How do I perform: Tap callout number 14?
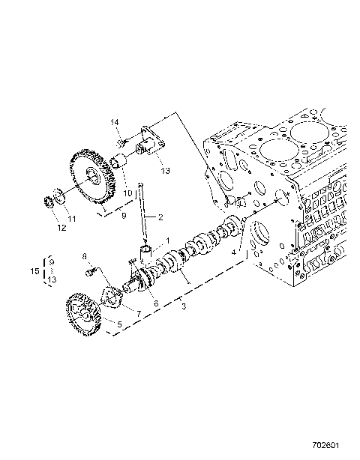pyautogui.click(x=116, y=122)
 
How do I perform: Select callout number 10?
pyautogui.click(x=127, y=193)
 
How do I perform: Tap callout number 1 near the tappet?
pyautogui.click(x=168, y=241)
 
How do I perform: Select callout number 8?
pyautogui.click(x=85, y=256)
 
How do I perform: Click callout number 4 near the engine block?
pyautogui.click(x=234, y=254)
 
